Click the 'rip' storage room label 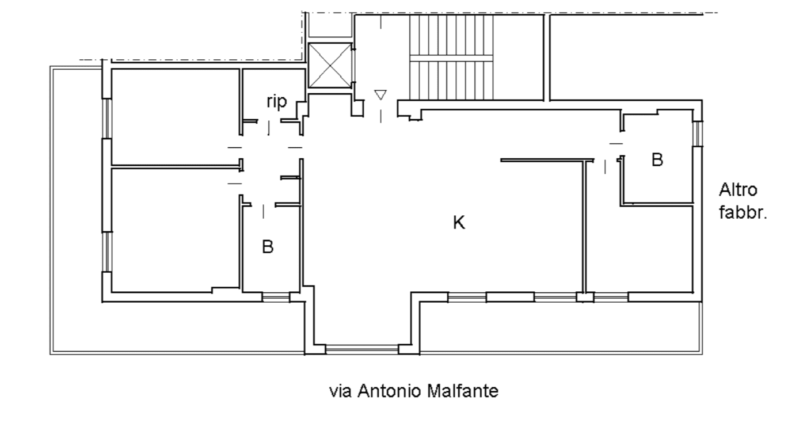277,102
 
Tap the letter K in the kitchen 459,222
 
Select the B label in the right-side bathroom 657,159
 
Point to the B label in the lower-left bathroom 268,247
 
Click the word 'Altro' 738,190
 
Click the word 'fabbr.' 743,212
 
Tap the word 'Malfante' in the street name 462,391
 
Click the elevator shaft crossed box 330,66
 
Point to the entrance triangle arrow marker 380,95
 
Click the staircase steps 451,58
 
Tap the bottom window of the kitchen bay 361,349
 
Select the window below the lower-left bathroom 276,298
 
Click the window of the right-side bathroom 698,134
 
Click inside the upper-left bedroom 175,116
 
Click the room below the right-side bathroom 639,249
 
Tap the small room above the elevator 330,25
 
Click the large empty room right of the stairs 626,58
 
